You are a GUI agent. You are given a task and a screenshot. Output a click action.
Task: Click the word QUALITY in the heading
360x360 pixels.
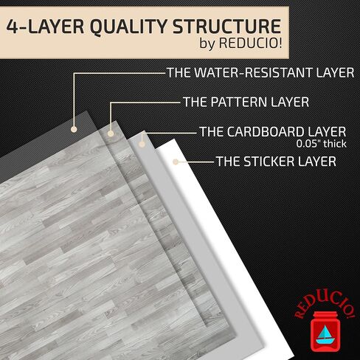(128, 27)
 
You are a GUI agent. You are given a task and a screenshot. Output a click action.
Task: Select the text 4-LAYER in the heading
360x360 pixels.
(45, 27)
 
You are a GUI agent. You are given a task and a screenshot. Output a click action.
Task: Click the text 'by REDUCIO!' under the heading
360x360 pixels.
(240, 43)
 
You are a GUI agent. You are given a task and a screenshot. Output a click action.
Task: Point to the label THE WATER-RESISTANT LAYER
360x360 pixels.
(260, 73)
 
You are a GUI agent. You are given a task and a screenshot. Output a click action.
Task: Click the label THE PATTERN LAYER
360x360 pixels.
(246, 102)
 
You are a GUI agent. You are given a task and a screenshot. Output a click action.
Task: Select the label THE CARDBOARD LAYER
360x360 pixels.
(273, 131)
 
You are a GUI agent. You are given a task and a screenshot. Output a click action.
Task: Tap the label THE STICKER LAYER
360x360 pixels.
(276, 162)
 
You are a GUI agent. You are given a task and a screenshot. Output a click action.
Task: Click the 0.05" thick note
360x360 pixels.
(321, 144)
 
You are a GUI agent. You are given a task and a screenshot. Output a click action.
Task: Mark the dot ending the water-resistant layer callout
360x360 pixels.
(74, 129)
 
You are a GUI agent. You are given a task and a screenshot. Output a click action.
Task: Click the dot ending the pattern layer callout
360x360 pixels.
(111, 134)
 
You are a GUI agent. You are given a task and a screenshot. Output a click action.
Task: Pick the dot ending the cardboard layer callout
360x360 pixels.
(142, 144)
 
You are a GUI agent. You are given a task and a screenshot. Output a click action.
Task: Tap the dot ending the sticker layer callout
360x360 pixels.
(176, 162)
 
